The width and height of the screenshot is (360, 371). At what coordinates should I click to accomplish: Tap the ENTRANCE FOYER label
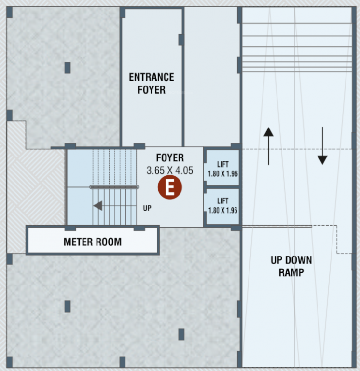point(151,84)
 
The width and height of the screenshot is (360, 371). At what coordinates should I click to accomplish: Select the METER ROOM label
point(93,241)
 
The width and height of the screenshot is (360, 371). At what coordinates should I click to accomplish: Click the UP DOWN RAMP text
point(291,266)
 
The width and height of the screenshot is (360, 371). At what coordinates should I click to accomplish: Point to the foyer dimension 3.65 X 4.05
point(170,170)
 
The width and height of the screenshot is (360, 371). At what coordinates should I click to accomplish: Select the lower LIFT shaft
point(222,206)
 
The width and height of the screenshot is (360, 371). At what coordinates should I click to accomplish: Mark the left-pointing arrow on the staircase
point(98,206)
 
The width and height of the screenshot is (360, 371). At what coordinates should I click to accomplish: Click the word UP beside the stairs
point(147,209)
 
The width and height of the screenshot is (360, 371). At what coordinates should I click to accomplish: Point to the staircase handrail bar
point(114,187)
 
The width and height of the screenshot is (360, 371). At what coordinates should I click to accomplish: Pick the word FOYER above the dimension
point(170,158)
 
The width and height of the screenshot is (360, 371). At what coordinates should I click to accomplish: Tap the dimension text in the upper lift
point(222,173)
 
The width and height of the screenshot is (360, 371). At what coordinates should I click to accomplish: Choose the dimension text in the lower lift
point(222,211)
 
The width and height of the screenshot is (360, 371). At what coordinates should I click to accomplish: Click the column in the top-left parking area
point(68,68)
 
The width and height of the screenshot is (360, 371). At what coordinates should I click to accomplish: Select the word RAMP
point(291,272)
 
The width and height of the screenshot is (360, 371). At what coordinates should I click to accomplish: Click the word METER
point(78,241)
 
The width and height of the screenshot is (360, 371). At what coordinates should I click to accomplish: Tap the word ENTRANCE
point(151,77)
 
